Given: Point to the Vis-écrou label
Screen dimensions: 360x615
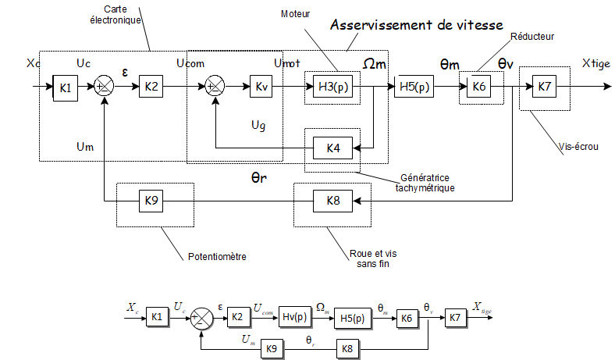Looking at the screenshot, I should [x=578, y=145].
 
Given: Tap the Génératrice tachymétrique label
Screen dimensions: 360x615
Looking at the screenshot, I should [x=425, y=183].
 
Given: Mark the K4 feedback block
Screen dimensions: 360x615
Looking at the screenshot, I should [x=332, y=147].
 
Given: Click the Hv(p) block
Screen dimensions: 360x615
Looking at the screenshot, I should [x=294, y=318].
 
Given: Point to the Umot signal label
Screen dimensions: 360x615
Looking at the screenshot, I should [x=286, y=62].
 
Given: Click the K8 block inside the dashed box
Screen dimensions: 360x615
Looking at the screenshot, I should [x=332, y=201].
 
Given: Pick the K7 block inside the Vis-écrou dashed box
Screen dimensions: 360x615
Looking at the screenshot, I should [x=544, y=87].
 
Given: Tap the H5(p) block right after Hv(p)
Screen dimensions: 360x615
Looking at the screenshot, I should [x=352, y=318].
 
